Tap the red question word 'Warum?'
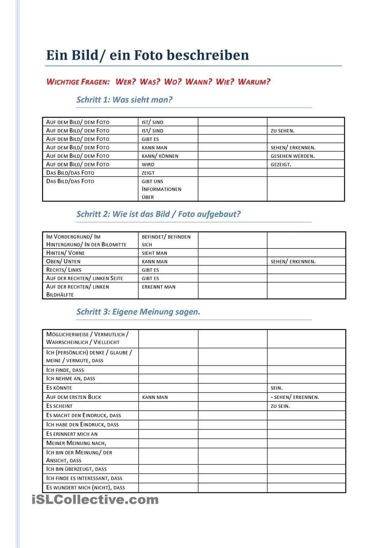click(254, 82)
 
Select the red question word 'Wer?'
click(125, 82)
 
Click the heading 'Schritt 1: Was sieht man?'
click(124, 100)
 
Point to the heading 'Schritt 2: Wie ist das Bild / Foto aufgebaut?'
click(159, 214)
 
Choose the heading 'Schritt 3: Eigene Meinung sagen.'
click(138, 312)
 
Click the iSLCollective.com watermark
click(95, 499)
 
